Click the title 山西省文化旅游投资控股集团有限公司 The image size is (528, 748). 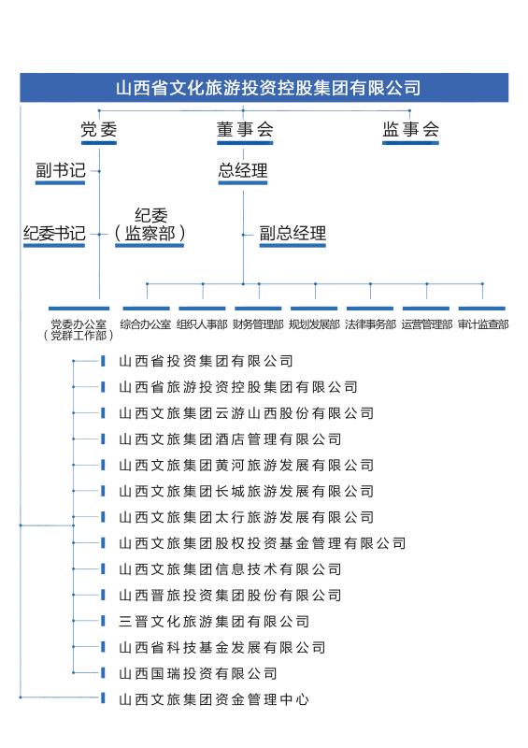(268, 88)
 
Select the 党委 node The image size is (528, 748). (99, 129)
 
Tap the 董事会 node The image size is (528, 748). (245, 129)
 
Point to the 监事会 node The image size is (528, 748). (410, 129)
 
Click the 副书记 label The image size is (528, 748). (61, 170)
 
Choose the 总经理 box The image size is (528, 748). (243, 170)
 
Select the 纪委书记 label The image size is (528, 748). (54, 233)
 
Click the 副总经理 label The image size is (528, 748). (293, 233)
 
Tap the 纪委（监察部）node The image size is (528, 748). (150, 224)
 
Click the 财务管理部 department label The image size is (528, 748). (258, 324)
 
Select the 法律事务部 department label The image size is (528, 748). (370, 324)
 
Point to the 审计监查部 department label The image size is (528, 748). (483, 324)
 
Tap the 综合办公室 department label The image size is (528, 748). (146, 324)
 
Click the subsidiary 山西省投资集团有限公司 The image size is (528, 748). (206, 361)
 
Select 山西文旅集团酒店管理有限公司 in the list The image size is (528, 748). (230, 439)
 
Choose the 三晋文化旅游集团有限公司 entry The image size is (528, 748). (214, 621)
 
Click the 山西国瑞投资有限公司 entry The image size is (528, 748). (198, 673)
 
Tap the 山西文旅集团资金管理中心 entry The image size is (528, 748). (214, 699)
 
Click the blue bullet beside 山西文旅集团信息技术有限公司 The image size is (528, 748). (103, 568)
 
